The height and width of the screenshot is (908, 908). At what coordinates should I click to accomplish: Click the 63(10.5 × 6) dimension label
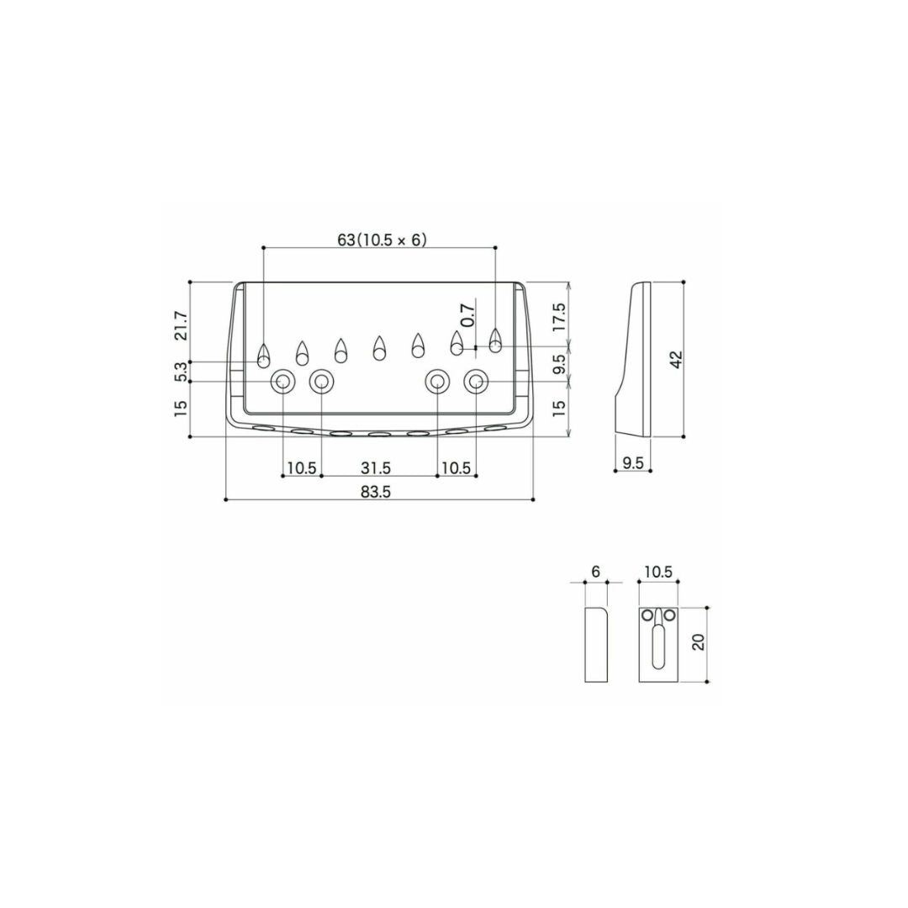pyautogui.click(x=382, y=239)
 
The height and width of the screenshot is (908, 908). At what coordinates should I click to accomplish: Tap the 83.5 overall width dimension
pyautogui.click(x=376, y=492)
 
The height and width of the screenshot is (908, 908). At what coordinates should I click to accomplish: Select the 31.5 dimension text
pyautogui.click(x=376, y=468)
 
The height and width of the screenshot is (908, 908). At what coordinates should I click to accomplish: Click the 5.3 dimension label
pyautogui.click(x=182, y=372)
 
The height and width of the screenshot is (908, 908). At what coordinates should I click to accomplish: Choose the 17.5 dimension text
pyautogui.click(x=559, y=317)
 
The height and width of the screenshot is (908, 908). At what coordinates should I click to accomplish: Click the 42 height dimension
pyautogui.click(x=675, y=359)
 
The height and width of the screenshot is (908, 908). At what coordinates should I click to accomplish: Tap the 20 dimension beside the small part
pyautogui.click(x=699, y=641)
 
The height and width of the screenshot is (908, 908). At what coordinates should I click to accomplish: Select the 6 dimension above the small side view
pyautogui.click(x=595, y=572)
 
